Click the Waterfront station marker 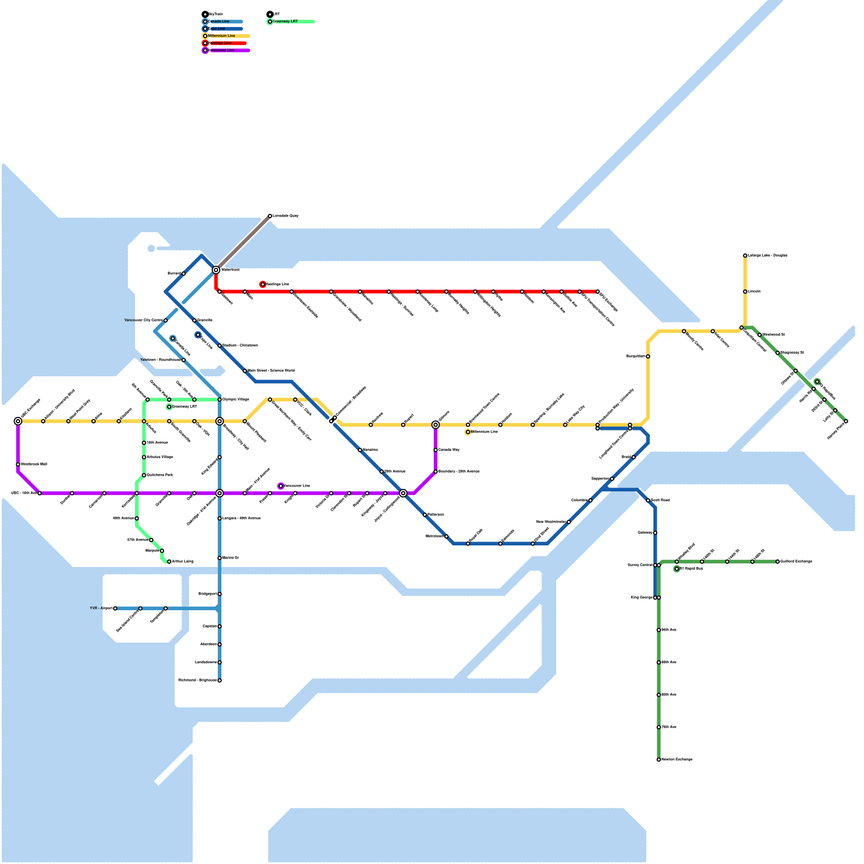216,270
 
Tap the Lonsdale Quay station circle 270,216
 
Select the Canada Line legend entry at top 221,22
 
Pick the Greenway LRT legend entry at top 286,22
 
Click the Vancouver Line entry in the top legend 224,50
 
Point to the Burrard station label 174,274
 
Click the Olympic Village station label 236,400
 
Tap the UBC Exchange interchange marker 18,421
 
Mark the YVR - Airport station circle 115,609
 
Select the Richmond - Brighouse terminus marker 220,680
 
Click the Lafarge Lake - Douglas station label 767,255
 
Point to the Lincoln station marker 745,292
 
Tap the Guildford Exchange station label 796,562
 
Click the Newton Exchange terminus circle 659,760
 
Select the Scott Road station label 660,501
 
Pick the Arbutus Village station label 160,457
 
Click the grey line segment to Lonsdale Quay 243,243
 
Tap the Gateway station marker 655,533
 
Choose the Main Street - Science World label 271,371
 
